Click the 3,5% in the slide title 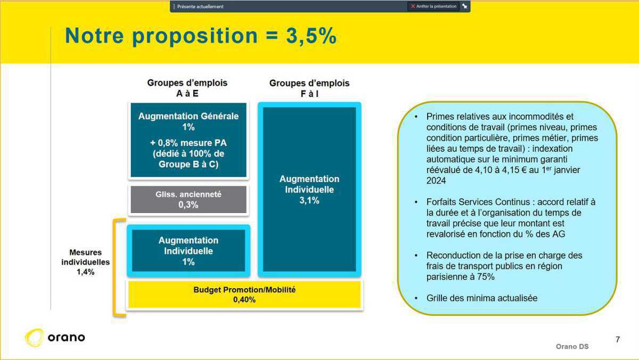click(x=311, y=36)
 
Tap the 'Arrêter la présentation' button click(x=433, y=6)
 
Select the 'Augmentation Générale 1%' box click(x=189, y=140)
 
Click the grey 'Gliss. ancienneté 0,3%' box click(x=189, y=199)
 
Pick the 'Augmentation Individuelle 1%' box click(x=189, y=251)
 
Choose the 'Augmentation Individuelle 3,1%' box click(x=309, y=190)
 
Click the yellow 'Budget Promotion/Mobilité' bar click(x=244, y=294)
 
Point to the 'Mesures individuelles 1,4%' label click(x=85, y=262)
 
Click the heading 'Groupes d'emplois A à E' click(x=187, y=88)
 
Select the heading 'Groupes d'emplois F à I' click(x=309, y=88)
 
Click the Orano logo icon click(x=35, y=338)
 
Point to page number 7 click(x=618, y=339)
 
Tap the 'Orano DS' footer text click(x=572, y=347)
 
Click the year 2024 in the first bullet click(x=436, y=181)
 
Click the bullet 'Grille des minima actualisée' click(x=482, y=298)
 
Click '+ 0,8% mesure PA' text click(x=189, y=143)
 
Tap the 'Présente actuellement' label click(x=200, y=6)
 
